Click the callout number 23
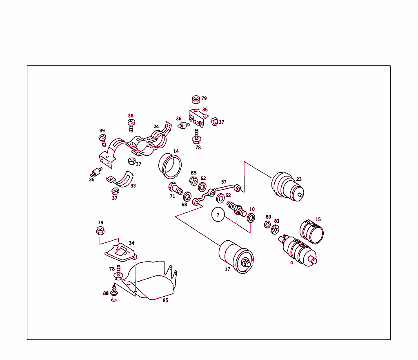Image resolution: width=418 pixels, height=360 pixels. pos(299,179)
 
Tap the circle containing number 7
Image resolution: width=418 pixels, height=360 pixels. pos(218,215)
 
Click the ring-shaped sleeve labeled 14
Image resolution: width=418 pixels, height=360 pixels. pos(171,166)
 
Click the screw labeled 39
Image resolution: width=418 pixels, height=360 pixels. pos(103,141)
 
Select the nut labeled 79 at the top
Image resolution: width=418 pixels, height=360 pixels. pos(196,99)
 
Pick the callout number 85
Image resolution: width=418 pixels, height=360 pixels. pos(165,301)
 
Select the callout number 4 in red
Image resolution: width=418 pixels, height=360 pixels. pos(291,262)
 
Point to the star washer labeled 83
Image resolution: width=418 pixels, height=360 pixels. pos(276,230)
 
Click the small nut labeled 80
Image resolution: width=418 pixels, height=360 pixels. pos(267,224)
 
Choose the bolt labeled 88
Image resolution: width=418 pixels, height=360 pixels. pos(114,294)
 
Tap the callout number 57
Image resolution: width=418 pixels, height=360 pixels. pos(224,182)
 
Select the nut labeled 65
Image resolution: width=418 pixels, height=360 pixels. pos(194,181)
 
